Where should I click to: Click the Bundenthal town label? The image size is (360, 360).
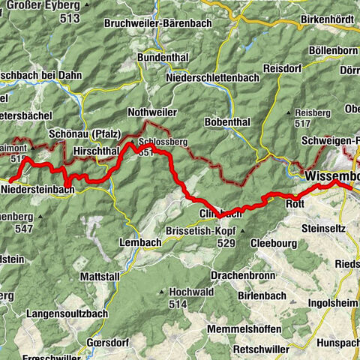coord(166,57)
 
